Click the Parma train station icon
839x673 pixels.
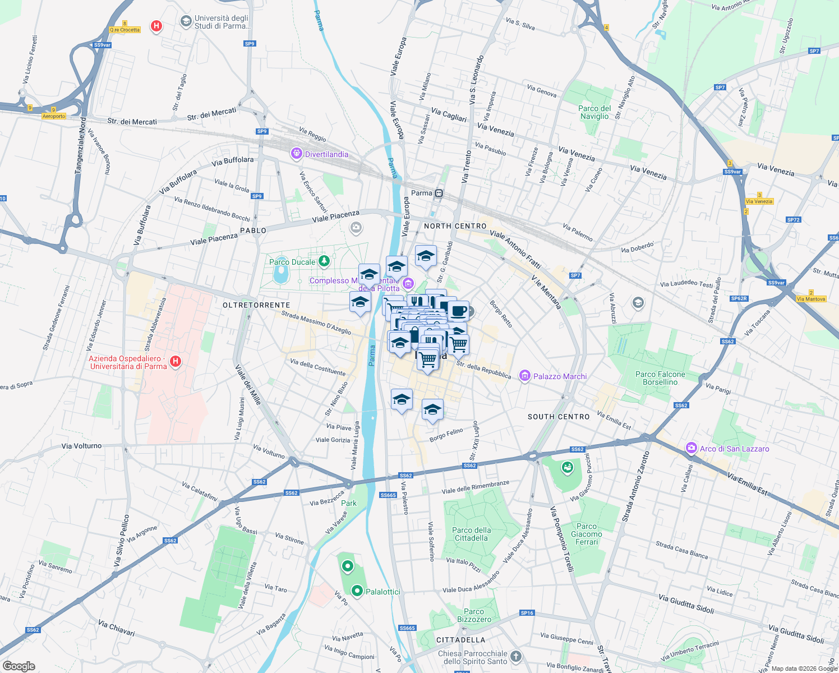coord(439,193)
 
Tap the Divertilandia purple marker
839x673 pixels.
coord(297,154)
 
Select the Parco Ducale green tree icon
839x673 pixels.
coord(324,261)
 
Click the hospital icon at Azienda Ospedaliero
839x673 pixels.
coord(176,361)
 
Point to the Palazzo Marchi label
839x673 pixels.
coord(560,376)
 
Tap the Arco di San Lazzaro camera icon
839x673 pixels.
coord(691,448)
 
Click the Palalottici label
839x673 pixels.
coord(383,592)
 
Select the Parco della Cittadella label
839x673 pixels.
coord(471,534)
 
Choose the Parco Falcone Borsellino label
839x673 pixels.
coord(660,378)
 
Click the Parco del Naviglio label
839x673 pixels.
coord(594,112)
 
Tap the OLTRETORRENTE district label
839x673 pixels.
coord(256,305)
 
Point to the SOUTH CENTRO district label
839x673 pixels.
coord(559,417)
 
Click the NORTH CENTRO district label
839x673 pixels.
coord(455,226)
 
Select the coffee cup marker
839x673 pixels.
coord(458,310)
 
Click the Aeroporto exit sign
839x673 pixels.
coord(54,116)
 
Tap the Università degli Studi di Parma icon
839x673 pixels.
coord(186,21)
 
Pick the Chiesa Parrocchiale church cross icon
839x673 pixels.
coord(516,656)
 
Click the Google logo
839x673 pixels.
coord(19,666)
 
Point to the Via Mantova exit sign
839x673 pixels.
coord(811,299)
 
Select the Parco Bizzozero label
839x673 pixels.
coord(474,615)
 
